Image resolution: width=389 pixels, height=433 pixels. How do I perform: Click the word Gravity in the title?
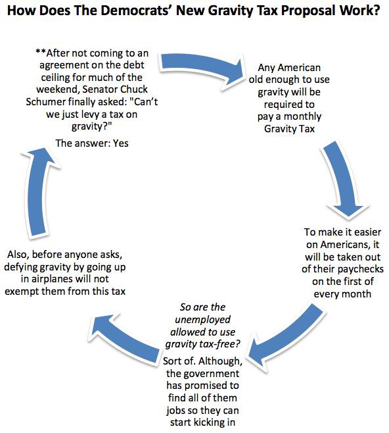pos(237,11)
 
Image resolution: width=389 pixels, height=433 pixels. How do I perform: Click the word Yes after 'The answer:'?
pos(121,143)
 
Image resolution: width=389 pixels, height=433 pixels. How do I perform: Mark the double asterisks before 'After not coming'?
pos(41,51)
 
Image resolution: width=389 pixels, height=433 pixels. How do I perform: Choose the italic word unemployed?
pos(202,320)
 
